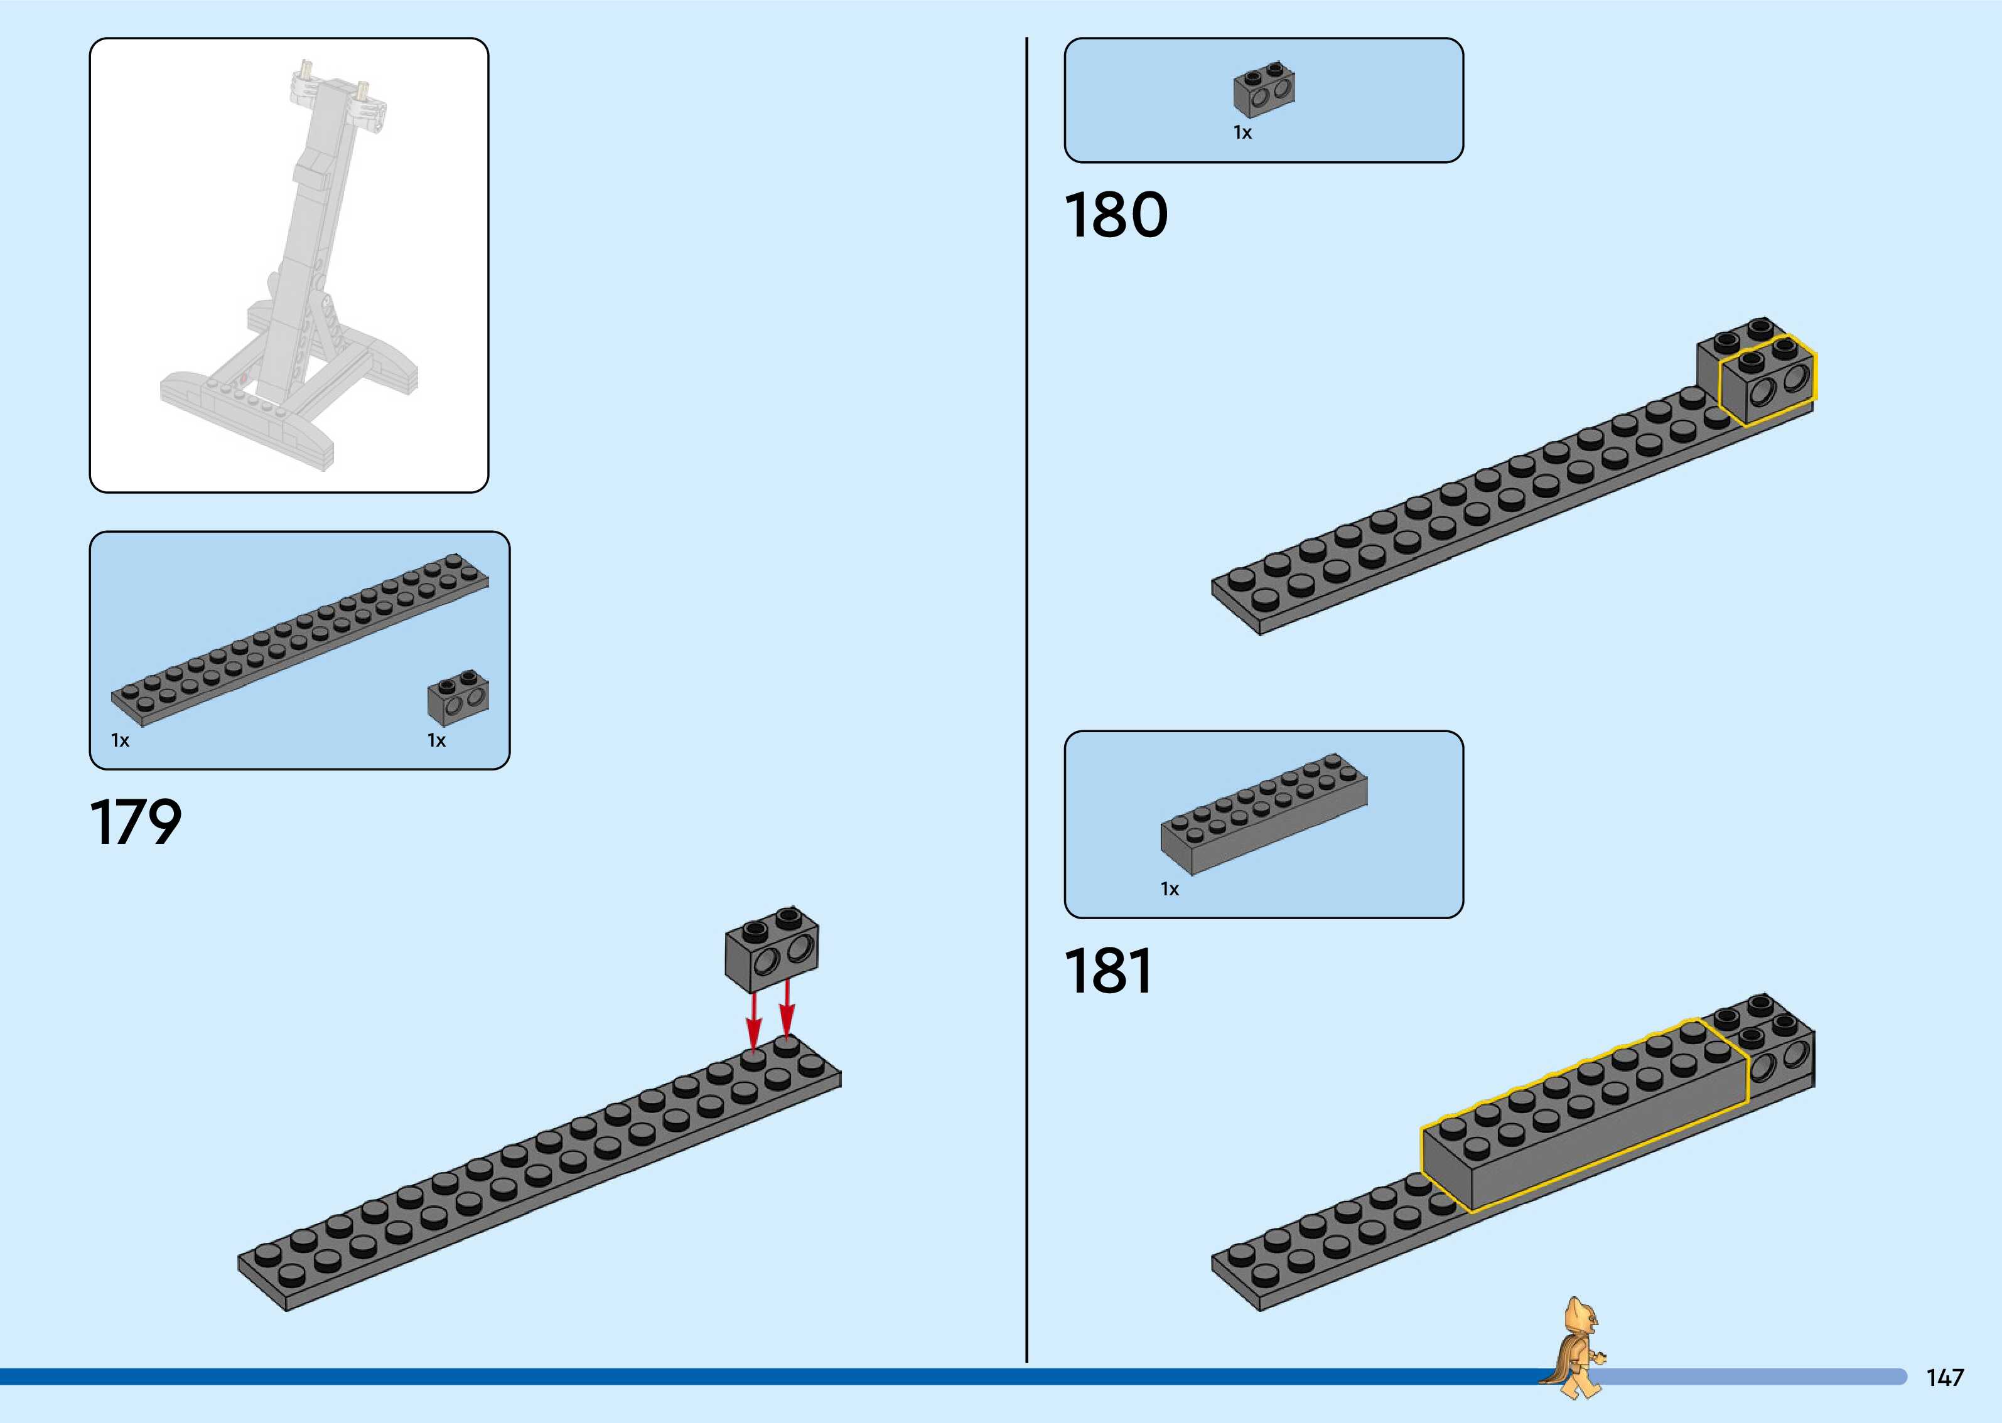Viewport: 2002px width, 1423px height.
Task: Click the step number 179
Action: click(136, 823)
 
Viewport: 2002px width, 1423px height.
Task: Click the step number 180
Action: click(1116, 216)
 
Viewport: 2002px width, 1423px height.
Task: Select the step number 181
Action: click(1108, 972)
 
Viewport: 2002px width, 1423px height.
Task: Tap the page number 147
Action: click(1944, 1377)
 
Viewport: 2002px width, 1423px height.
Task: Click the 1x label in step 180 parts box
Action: click(1242, 133)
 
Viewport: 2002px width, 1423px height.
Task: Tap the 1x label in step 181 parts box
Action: click(1170, 890)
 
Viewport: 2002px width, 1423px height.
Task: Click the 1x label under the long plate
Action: click(120, 740)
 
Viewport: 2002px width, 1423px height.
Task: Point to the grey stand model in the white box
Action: click(289, 272)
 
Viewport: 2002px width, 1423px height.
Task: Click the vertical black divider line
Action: click(1026, 701)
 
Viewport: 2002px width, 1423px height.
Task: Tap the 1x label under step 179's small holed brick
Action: click(436, 740)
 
